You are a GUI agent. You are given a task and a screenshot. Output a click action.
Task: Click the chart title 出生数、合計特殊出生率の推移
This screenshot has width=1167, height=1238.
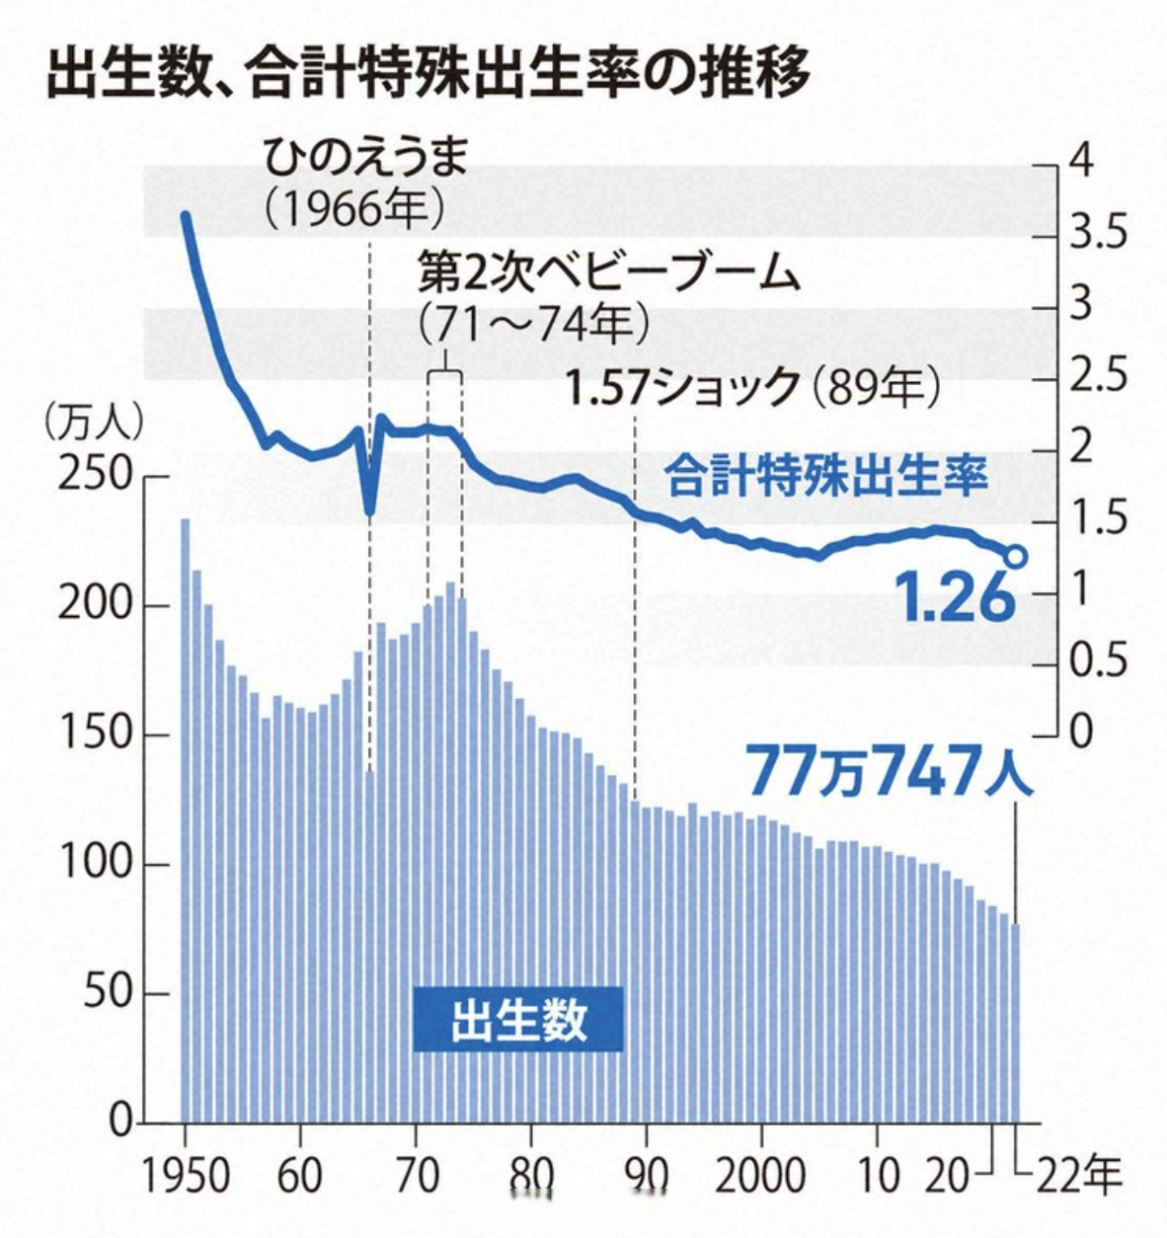427,75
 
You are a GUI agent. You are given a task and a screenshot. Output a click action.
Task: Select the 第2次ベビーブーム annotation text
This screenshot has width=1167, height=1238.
610,275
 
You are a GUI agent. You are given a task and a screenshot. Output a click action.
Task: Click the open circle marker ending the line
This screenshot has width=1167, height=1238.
1015,557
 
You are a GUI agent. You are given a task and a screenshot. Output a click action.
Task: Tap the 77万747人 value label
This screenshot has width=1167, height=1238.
890,772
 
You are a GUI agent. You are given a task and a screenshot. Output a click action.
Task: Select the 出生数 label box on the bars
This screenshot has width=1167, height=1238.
518,1019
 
